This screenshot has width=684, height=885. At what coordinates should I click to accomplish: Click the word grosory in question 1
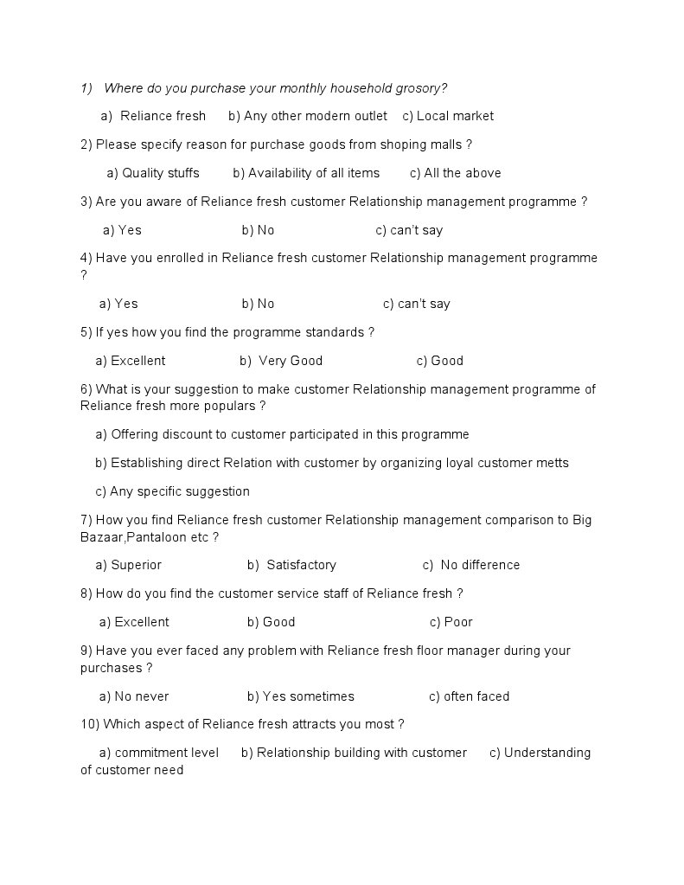click(x=419, y=88)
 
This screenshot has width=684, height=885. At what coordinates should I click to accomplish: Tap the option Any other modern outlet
click(x=316, y=116)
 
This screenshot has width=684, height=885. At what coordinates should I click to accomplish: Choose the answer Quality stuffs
click(x=161, y=173)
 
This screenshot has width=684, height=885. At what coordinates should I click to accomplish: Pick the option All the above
click(x=463, y=173)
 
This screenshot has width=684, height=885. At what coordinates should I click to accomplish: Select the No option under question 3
click(x=265, y=230)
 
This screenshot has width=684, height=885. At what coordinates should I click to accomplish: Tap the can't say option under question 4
click(x=424, y=304)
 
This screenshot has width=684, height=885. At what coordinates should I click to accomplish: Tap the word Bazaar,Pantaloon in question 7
click(x=130, y=537)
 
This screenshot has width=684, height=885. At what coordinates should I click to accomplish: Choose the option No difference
click(x=480, y=565)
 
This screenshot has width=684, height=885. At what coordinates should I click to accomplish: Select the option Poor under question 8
click(x=458, y=622)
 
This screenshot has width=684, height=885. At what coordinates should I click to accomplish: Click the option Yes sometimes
click(x=308, y=696)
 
